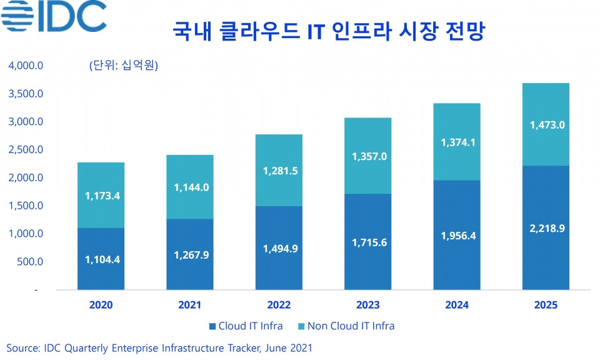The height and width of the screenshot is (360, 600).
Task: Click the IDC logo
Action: click(54, 16)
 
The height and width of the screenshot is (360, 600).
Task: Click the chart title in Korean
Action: click(329, 31)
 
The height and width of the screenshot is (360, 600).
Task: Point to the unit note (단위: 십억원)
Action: click(124, 65)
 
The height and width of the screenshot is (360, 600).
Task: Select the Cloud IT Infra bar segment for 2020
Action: click(101, 259)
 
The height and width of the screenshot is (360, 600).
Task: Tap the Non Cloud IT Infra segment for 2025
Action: click(546, 124)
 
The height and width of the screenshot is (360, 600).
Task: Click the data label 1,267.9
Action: click(191, 255)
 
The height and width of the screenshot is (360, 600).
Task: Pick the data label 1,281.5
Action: click(280, 171)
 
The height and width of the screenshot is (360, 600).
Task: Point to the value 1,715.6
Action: click(369, 242)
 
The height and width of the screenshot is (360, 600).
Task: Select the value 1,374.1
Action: click(458, 142)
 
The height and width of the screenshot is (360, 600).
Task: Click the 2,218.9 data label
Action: click(547, 228)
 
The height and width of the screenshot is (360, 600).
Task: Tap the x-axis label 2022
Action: click(279, 305)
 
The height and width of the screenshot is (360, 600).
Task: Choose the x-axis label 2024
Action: click(457, 305)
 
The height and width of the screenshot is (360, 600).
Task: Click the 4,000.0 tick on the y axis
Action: click(26, 66)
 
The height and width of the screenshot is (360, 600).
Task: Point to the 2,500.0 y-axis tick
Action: click(26, 149)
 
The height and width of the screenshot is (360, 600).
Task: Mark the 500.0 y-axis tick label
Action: click(30, 262)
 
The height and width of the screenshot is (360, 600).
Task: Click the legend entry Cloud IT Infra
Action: click(246, 326)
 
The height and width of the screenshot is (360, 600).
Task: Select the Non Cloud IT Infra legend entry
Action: click(346, 326)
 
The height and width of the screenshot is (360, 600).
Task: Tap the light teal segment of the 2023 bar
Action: click(367, 156)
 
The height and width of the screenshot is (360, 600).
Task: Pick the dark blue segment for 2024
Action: click(457, 235)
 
